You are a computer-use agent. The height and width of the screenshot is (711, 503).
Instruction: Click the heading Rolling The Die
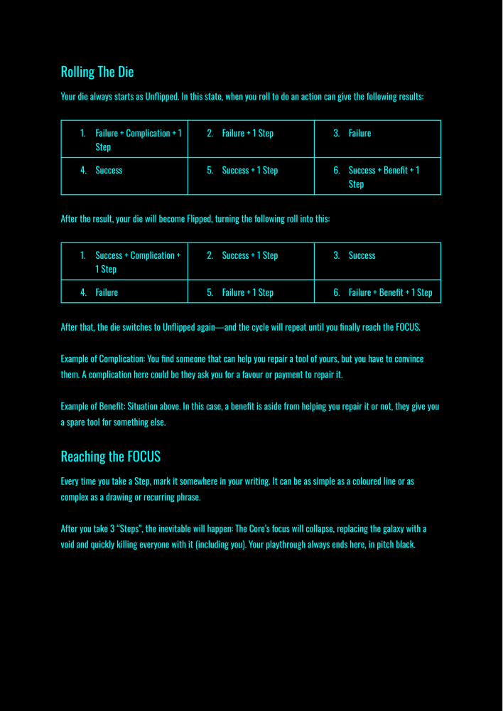[x=97, y=72]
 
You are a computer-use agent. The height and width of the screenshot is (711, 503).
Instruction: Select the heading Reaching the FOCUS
[x=111, y=456]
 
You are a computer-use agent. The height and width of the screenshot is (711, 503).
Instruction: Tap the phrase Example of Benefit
[x=92, y=407]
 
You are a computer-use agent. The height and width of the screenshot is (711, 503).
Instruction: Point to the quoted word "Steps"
[x=127, y=529]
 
